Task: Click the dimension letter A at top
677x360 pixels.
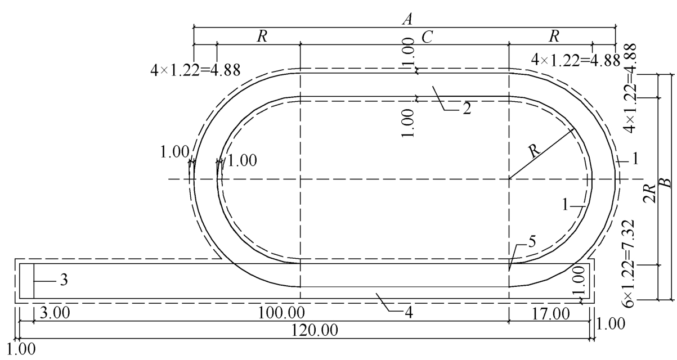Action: (407, 20)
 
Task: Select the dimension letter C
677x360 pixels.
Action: (427, 38)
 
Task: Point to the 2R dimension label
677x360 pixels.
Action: (650, 193)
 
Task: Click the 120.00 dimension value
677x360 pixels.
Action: (315, 330)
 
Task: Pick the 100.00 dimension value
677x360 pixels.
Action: (281, 313)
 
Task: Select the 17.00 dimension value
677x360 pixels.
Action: (550, 314)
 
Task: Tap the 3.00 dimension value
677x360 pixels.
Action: (55, 313)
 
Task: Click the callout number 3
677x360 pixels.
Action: (64, 280)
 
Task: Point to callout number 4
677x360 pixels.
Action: (409, 313)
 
